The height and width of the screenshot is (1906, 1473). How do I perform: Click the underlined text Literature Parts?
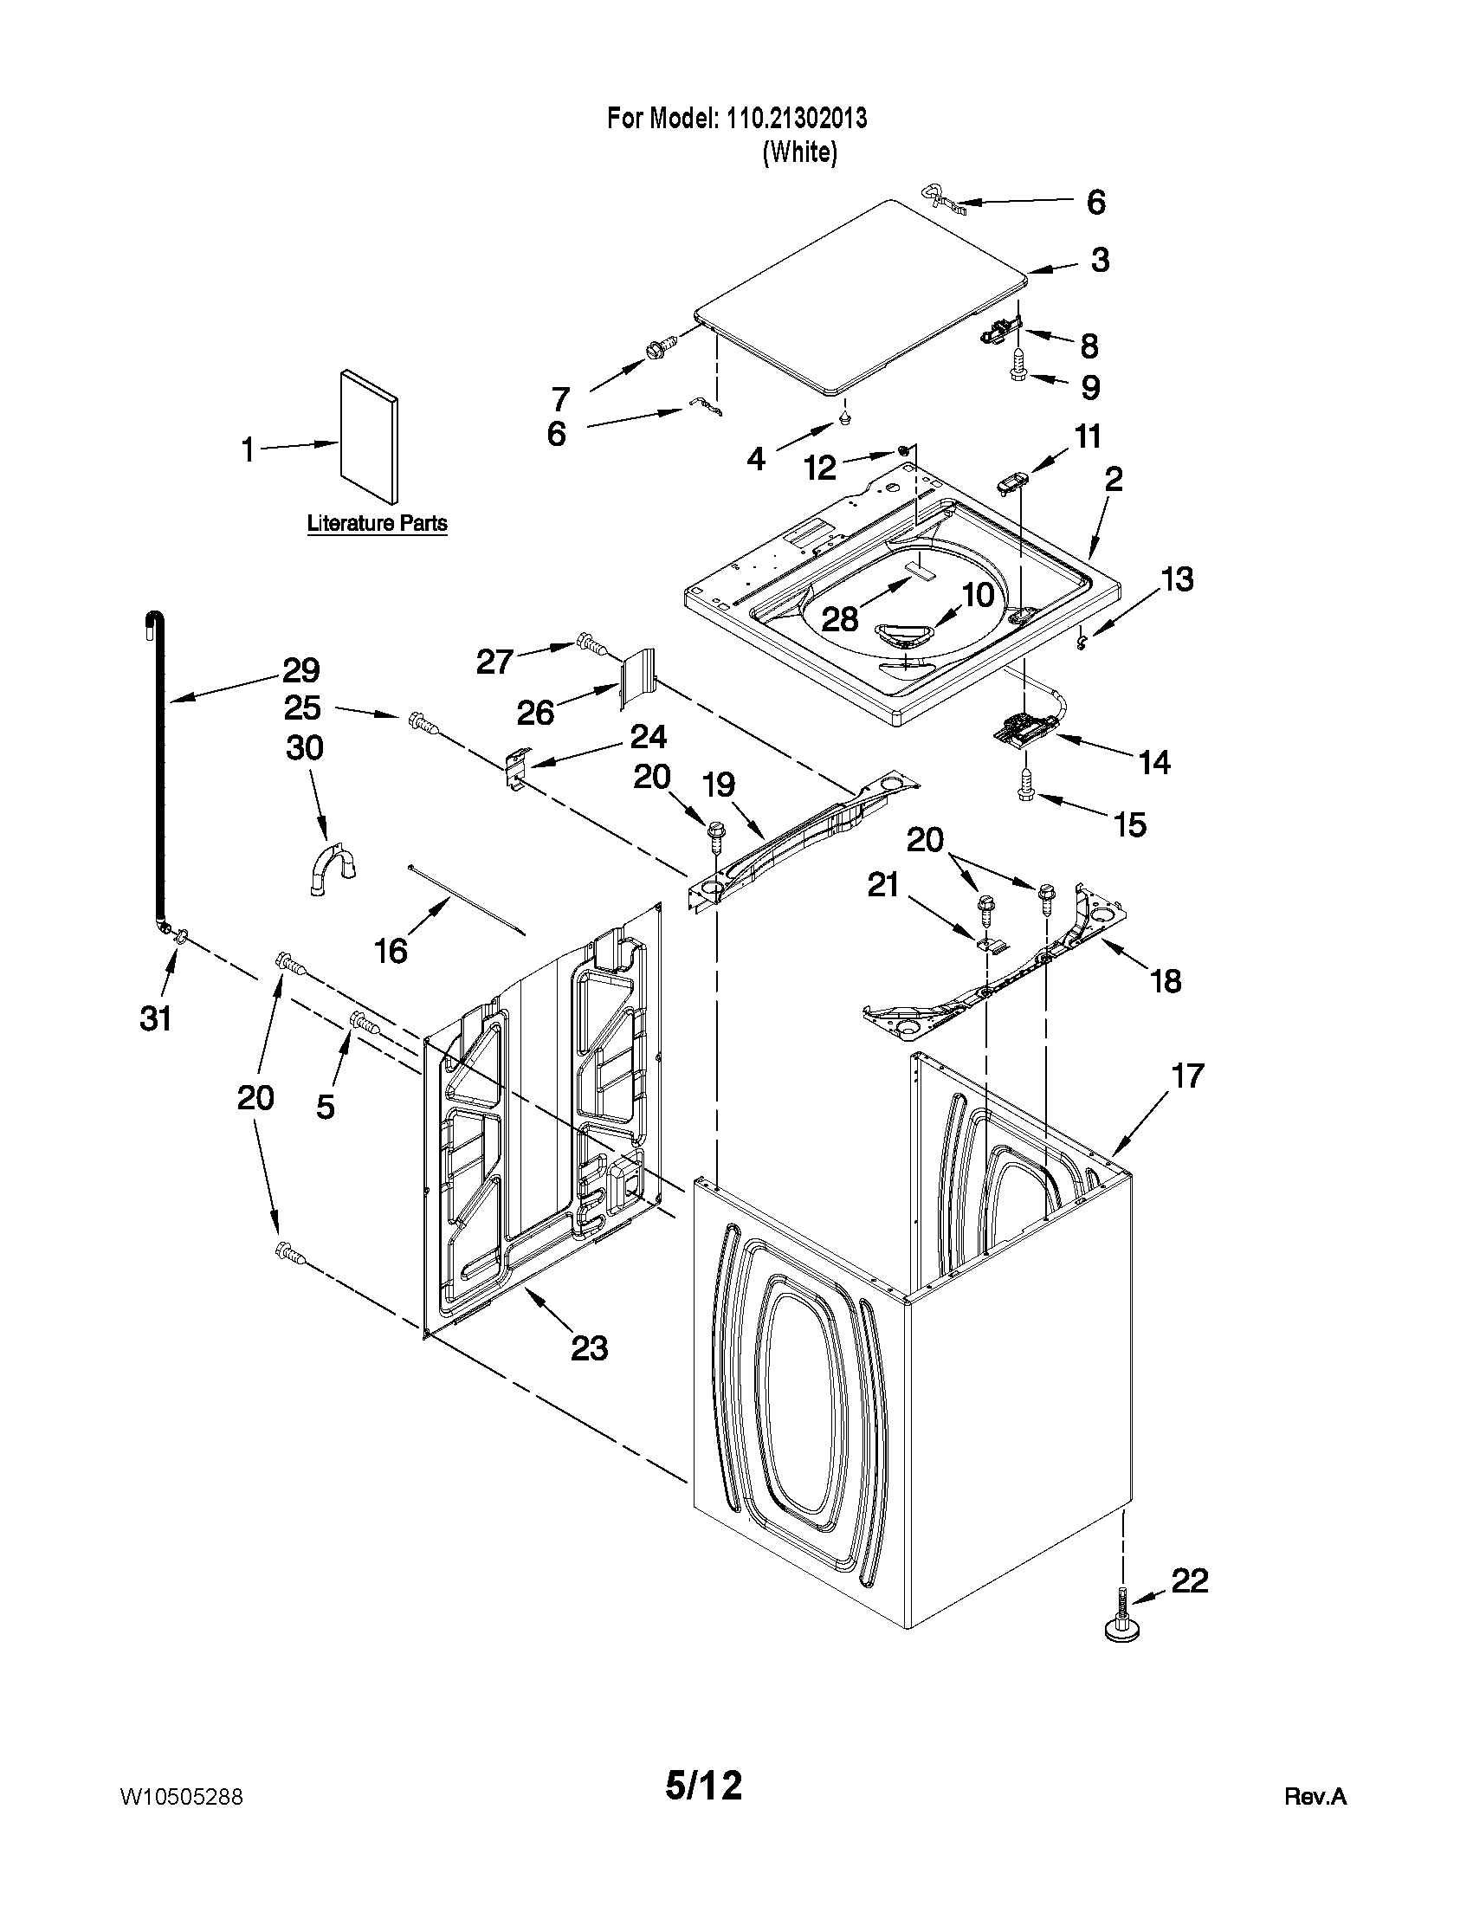tap(377, 524)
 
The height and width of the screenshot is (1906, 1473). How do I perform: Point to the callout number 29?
tap(300, 670)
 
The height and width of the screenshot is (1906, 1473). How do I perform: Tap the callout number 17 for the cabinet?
tap(1186, 1076)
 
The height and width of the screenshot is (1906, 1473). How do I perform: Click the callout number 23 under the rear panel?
tap(589, 1348)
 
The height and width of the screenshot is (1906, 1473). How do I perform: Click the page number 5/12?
tap(703, 1786)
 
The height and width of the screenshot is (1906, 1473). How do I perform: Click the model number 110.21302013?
tap(796, 118)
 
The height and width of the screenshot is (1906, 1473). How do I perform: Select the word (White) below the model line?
tap(799, 152)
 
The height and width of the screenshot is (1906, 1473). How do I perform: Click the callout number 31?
tap(156, 1018)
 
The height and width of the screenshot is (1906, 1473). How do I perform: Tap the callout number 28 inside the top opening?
tap(839, 618)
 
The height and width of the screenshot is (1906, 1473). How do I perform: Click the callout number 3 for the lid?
tap(1100, 259)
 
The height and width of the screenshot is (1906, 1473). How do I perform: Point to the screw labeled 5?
tap(363, 1021)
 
